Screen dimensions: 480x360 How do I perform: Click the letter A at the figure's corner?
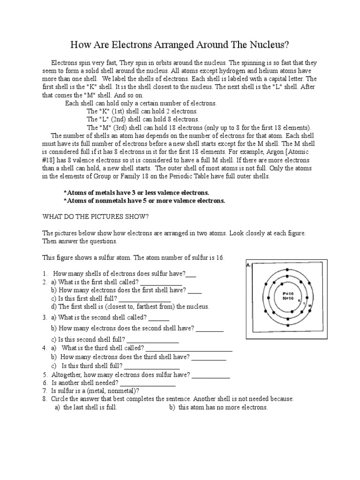click(x=248, y=265)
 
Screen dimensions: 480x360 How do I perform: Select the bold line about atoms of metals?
click(x=136, y=193)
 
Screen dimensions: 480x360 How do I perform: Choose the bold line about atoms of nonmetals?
click(x=144, y=201)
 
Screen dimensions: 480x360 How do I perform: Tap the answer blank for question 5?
click(x=211, y=375)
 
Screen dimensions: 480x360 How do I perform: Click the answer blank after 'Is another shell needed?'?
click(x=148, y=383)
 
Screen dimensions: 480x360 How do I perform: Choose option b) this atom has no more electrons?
click(x=218, y=407)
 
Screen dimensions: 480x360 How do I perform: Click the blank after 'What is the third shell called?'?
click(x=189, y=349)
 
